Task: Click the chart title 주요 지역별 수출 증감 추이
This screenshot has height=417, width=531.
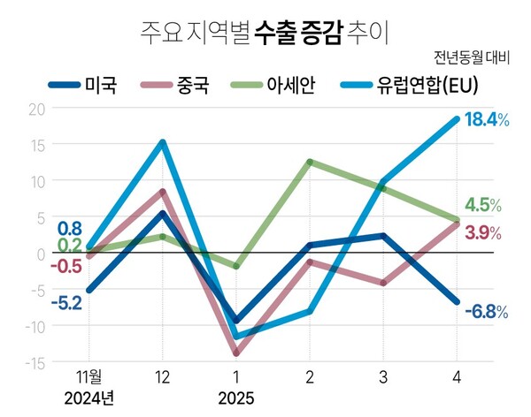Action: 265,34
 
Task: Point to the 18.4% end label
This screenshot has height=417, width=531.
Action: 484,120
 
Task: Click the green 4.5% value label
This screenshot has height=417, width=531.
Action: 483,205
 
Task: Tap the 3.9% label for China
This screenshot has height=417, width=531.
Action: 483,233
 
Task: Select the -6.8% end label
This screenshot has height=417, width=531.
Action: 485,311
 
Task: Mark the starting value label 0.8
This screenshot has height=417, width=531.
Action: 71,228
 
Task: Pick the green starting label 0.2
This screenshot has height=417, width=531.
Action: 70,245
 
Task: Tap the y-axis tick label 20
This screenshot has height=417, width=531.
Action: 35,109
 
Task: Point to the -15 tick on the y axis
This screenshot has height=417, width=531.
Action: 32,363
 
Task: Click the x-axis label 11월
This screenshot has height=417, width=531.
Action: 88,377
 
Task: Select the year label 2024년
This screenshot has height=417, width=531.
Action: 88,398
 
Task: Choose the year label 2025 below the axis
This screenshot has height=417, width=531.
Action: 235,398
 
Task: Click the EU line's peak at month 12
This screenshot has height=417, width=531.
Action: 163,141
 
